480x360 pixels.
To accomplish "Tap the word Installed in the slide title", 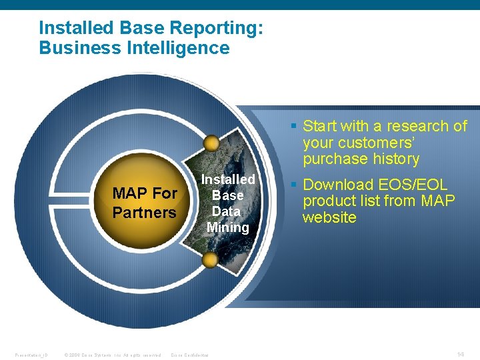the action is (x=75, y=28).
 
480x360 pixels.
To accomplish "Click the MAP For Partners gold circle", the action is (x=145, y=202).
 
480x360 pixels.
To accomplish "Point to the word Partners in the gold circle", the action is (x=145, y=213).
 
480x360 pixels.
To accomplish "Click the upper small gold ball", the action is (x=211, y=143).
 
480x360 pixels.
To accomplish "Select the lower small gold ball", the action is (x=210, y=260).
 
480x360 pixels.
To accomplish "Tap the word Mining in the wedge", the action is (x=227, y=227).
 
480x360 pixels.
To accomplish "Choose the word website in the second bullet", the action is (x=329, y=218).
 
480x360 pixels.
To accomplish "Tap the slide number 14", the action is (x=461, y=354).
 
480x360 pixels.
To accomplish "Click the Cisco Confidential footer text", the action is (x=189, y=355).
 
